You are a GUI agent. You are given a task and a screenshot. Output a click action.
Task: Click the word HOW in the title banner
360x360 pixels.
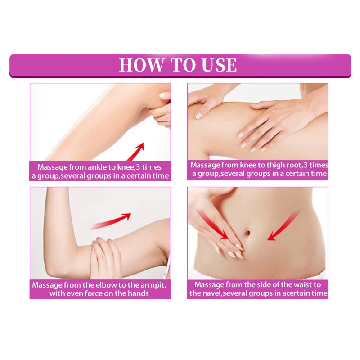tap(142, 65)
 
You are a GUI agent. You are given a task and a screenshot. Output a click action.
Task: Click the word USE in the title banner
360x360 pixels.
tap(219, 65)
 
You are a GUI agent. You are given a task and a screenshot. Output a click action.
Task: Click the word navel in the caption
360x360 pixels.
tap(211, 293)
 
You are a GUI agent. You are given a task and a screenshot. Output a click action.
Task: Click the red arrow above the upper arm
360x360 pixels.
tap(111, 221)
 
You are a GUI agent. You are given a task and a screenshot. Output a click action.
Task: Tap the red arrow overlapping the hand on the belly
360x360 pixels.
tap(212, 225)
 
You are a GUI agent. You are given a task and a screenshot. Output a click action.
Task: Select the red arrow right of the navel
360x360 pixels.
tap(283, 226)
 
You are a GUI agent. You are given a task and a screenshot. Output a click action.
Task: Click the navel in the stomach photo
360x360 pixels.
tap(247, 233)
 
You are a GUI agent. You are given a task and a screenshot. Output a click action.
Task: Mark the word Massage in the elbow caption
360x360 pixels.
tap(47, 285)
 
